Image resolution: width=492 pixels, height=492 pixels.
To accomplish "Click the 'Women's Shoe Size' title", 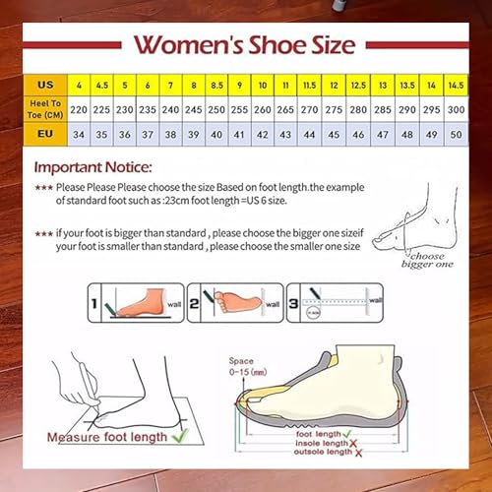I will tap(244, 44).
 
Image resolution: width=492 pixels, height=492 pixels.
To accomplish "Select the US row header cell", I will tap(45, 84).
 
